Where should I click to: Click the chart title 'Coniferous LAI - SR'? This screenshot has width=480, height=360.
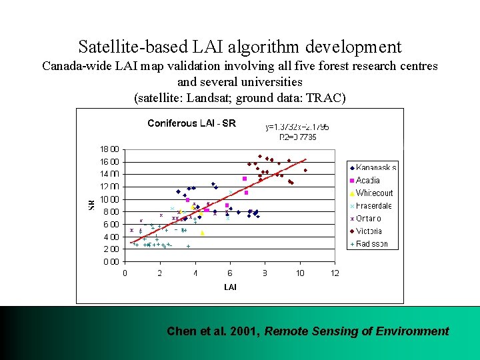(191, 123)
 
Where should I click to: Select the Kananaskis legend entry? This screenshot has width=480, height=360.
(376, 168)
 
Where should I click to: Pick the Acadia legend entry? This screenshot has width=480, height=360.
(368, 181)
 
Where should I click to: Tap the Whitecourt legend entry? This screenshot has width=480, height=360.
(374, 193)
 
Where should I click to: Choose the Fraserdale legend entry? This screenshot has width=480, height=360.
(373, 206)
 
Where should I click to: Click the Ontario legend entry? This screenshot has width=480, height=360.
(369, 219)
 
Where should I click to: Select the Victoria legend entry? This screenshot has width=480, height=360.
(369, 231)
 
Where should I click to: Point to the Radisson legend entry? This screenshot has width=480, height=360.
(371, 244)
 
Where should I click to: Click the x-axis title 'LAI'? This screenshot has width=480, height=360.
(230, 287)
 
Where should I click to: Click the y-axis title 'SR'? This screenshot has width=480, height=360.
(91, 205)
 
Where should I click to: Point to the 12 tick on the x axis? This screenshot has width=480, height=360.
(335, 273)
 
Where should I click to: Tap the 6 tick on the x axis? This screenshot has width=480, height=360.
(230, 273)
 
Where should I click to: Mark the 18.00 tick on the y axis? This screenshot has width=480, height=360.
(109, 149)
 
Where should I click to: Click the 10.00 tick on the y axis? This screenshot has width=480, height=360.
(109, 199)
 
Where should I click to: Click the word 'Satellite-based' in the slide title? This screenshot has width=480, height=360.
(124, 47)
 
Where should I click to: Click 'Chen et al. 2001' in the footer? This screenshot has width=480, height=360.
(212, 331)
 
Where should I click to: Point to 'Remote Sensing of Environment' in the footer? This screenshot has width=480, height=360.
(357, 331)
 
